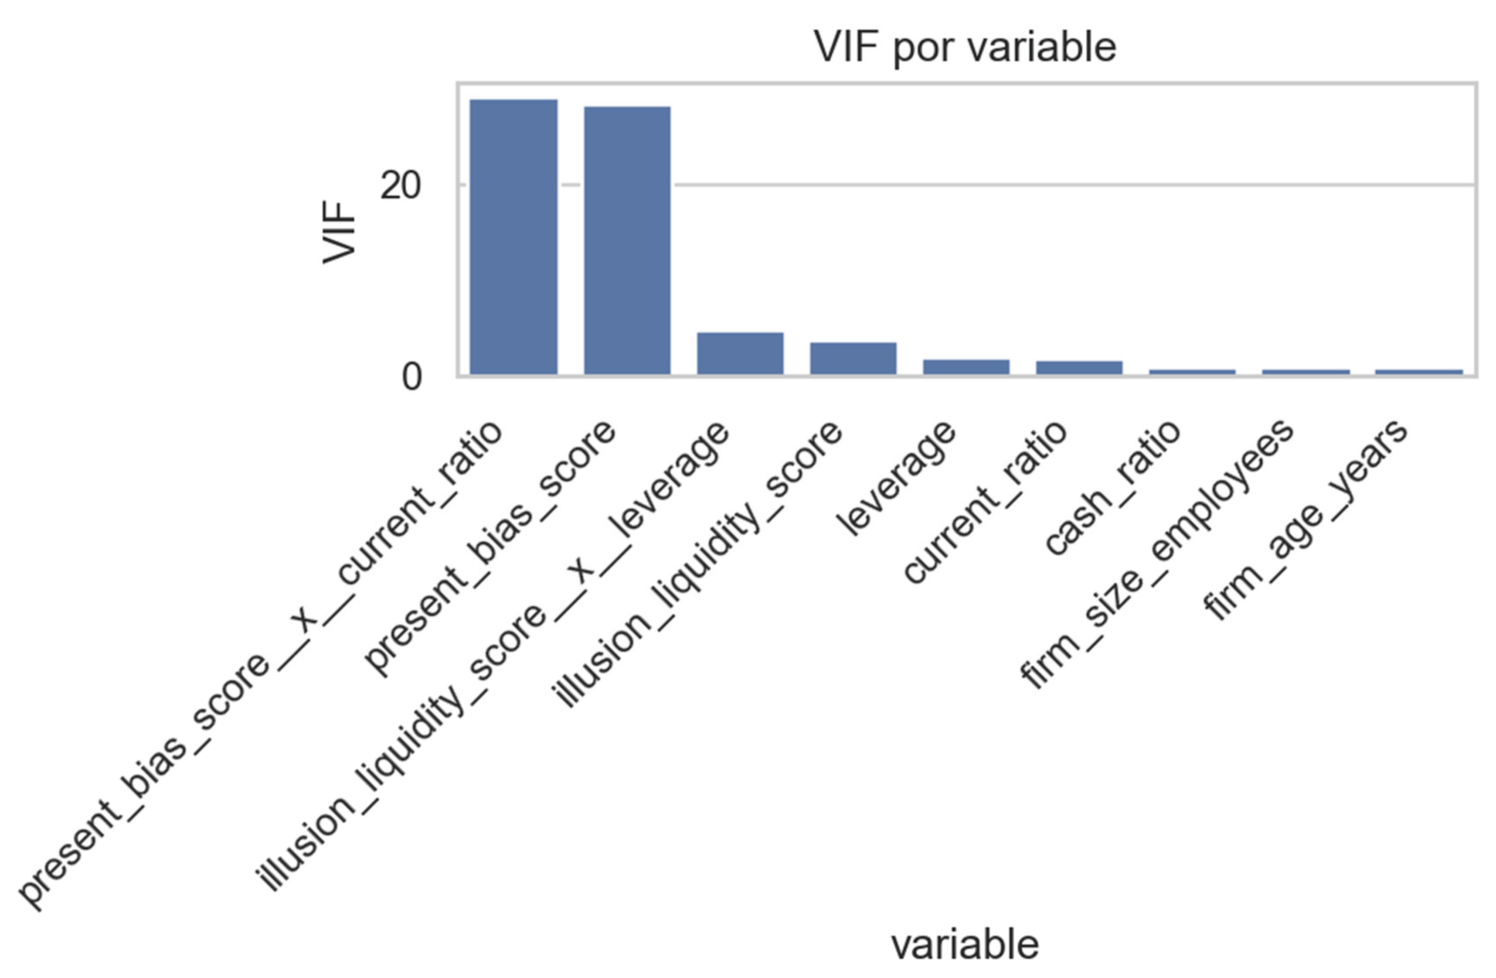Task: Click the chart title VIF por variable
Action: tap(965, 47)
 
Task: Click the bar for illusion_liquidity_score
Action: tap(853, 359)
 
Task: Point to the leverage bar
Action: tap(966, 367)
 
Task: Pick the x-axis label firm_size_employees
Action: tap(1156, 554)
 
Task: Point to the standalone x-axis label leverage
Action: tap(896, 478)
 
